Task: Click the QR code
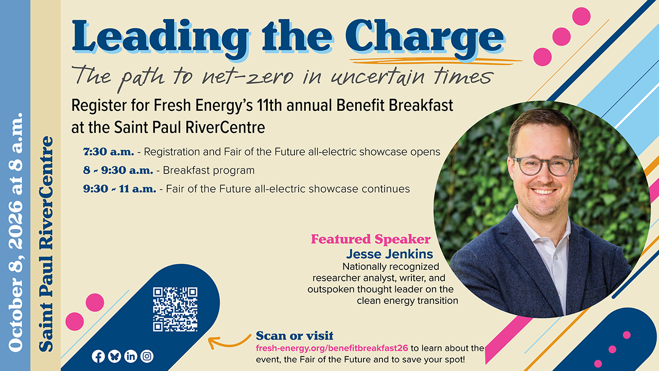pyautogui.click(x=175, y=309)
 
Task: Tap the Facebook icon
pyautogui.click(x=98, y=357)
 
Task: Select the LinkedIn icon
pyautogui.click(x=131, y=356)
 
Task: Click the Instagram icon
pyautogui.click(x=147, y=356)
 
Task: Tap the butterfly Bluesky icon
pyautogui.click(x=114, y=356)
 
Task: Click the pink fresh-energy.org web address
pyautogui.click(x=332, y=348)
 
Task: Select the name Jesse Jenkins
pyautogui.click(x=390, y=254)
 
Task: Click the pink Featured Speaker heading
pyautogui.click(x=371, y=239)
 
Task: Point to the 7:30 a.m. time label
pyautogui.click(x=109, y=151)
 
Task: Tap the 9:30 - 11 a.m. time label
pyautogui.click(x=119, y=189)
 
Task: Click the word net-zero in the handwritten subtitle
pyautogui.click(x=248, y=77)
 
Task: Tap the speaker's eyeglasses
pyautogui.click(x=543, y=166)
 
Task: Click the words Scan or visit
pyautogui.click(x=294, y=335)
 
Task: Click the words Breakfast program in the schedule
pyautogui.click(x=209, y=170)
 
